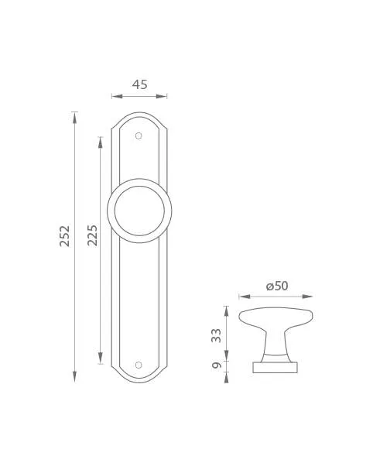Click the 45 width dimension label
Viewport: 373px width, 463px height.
pyautogui.click(x=139, y=84)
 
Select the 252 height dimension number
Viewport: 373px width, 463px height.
pyautogui.click(x=65, y=236)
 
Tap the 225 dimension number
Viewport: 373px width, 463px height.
pyautogui.click(x=92, y=235)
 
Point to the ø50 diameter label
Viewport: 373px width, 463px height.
pyautogui.click(x=277, y=286)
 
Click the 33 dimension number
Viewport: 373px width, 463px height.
pyautogui.click(x=217, y=335)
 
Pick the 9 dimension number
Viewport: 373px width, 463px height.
pyautogui.click(x=217, y=365)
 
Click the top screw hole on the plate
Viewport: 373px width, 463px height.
pyautogui.click(x=139, y=135)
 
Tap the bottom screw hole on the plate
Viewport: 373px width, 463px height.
pyautogui.click(x=139, y=365)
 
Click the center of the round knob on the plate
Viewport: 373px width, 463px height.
pyautogui.click(x=139, y=211)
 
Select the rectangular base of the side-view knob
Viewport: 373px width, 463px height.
pyautogui.click(x=275, y=367)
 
